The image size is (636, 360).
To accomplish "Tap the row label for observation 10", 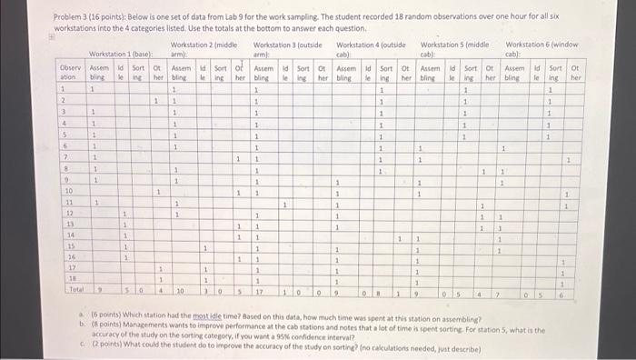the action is [x=68, y=191].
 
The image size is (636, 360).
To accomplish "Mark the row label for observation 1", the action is [x=63, y=90].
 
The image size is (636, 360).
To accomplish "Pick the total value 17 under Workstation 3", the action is [x=259, y=292].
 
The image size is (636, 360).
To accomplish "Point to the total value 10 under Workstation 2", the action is [x=180, y=292].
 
